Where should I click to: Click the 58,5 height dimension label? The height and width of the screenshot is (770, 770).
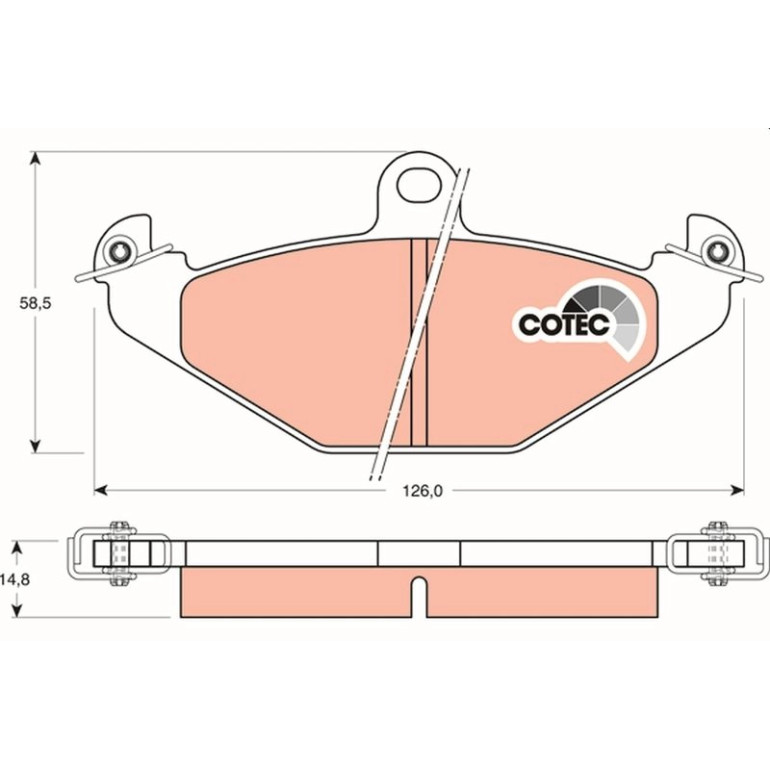(35, 303)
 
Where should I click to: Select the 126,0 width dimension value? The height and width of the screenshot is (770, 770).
(423, 491)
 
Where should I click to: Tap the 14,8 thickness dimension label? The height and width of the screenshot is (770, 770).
(16, 579)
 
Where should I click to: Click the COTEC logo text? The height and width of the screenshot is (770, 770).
(564, 325)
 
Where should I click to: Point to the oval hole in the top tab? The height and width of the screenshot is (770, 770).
(419, 185)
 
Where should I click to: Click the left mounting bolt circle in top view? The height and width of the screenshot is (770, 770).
(120, 252)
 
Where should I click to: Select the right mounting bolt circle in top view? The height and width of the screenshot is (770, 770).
(715, 252)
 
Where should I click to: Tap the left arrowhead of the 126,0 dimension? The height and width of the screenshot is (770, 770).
(101, 490)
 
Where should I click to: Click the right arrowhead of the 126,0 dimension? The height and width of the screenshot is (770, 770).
(738, 490)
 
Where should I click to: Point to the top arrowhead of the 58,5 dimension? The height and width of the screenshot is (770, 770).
(34, 159)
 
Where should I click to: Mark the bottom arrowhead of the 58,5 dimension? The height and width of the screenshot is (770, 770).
(34, 446)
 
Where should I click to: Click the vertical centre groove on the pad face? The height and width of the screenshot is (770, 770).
(419, 342)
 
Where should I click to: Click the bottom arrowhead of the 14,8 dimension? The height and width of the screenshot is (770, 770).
(17, 610)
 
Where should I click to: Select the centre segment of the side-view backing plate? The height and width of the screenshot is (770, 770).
(419, 553)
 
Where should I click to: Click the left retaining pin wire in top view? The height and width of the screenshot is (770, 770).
(123, 263)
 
